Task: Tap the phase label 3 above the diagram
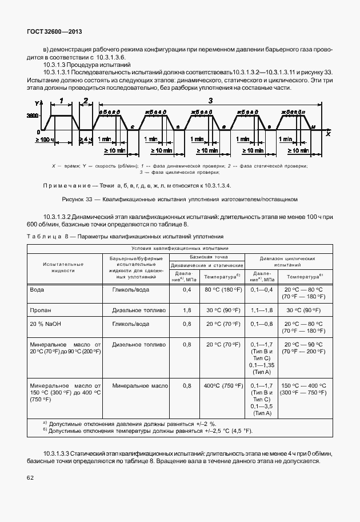click(210, 101)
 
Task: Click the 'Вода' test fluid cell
click(37, 290)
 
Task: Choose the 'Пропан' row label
click(40, 310)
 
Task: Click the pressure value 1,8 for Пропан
click(186, 310)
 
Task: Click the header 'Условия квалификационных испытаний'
click(179, 248)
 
